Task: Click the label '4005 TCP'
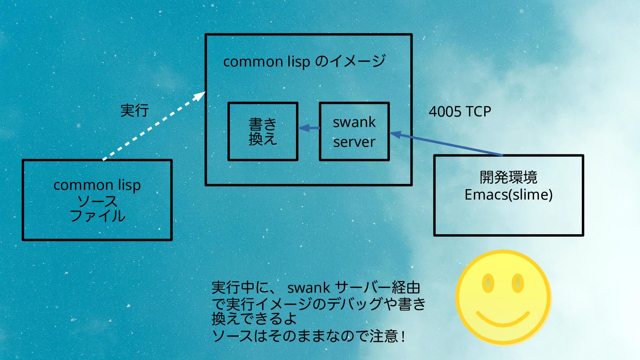point(460,111)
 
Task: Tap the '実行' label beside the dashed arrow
point(135,110)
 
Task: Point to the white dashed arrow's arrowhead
point(200,96)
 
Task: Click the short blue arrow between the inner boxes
point(309,128)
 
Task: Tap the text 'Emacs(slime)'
point(509,195)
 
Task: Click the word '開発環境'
point(509,177)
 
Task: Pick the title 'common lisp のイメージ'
point(304,61)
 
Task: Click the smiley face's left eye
point(488,283)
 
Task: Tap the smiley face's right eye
point(518,283)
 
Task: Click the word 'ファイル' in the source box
point(98,216)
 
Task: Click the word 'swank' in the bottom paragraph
point(309,288)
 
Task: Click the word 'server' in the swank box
point(354,142)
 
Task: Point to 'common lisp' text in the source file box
point(97,185)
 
